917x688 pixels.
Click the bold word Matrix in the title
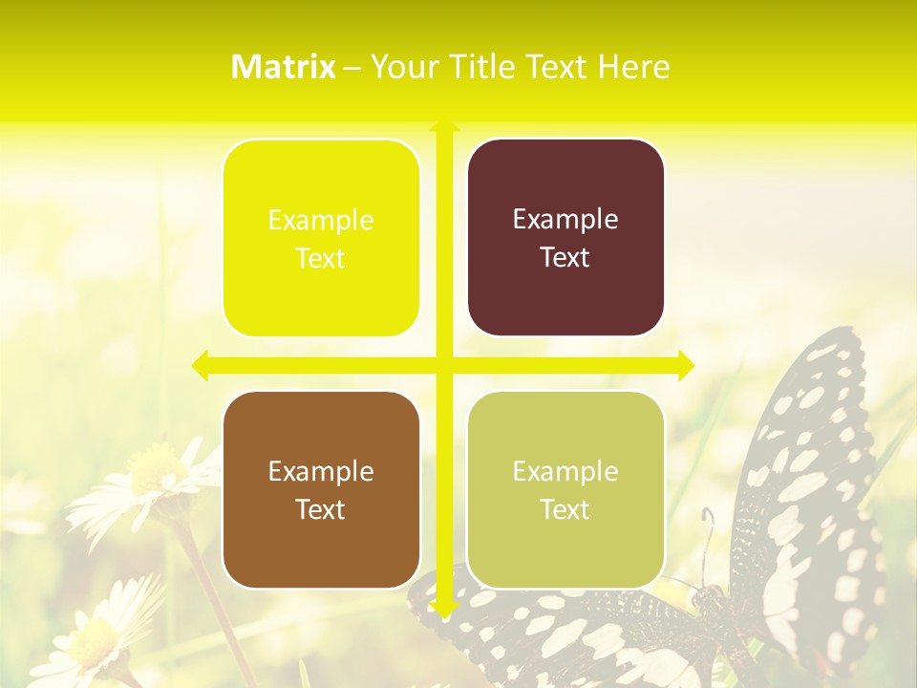click(x=283, y=67)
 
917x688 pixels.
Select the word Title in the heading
click(x=488, y=67)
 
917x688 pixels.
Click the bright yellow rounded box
click(x=321, y=238)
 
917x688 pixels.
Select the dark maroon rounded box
click(x=565, y=238)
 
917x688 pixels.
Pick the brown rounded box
click(x=321, y=489)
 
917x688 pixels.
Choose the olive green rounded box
click(x=565, y=489)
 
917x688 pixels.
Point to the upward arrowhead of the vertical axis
click(x=444, y=125)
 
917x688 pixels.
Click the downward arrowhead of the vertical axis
click(x=444, y=608)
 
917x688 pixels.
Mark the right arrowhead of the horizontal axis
click(x=686, y=365)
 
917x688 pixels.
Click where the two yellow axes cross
click(x=444, y=365)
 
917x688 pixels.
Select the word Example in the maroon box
click(x=565, y=220)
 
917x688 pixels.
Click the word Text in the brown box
click(x=321, y=509)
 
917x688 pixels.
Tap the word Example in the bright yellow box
click(x=321, y=220)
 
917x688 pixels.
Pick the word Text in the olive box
click(x=565, y=509)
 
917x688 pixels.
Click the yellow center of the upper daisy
click(x=153, y=468)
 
